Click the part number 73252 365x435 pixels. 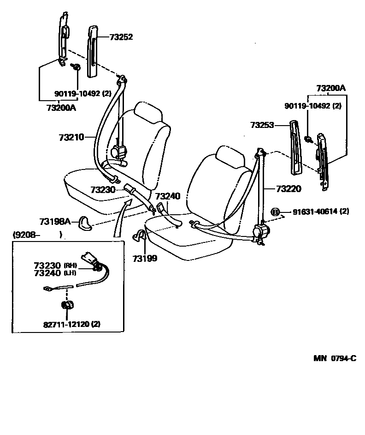click(121, 37)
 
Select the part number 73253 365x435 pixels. click(262, 125)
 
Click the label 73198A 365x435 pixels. click(55, 222)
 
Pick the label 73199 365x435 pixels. click(145, 258)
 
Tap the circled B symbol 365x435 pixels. click(275, 212)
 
